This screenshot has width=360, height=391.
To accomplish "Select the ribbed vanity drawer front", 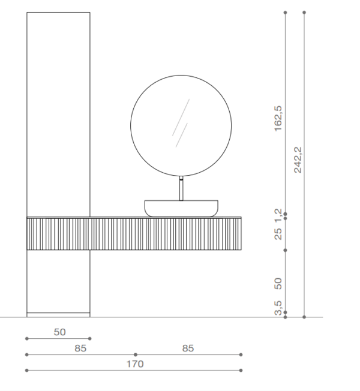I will tap(165, 234).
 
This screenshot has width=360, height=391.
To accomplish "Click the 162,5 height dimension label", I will tap(278, 120).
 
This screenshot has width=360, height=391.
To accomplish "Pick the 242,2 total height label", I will tap(298, 160).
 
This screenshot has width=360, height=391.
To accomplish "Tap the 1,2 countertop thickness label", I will tap(278, 214).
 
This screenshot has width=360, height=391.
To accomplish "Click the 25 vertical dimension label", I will tap(278, 233).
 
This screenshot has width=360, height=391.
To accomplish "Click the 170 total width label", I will tap(134, 363).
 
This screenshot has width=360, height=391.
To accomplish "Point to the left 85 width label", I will tap(80, 348).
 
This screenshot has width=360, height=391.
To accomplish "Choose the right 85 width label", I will tap(188, 348).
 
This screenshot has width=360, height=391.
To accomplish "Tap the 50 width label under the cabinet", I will tap(59, 332).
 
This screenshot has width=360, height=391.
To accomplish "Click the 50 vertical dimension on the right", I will tap(278, 282).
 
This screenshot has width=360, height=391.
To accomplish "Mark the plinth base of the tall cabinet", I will tap(58, 314).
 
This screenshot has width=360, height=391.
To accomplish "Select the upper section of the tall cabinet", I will tap(58, 114).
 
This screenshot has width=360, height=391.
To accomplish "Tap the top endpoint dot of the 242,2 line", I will tap(304, 12).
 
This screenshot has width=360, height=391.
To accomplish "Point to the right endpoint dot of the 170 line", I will tap(241, 370).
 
